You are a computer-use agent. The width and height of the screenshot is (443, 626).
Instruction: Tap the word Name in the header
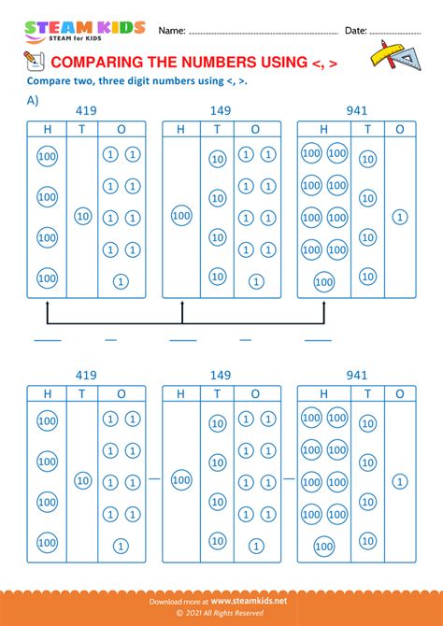171,31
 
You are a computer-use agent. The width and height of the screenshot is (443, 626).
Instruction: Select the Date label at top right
355,31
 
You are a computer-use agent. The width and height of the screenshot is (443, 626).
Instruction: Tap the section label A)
33,101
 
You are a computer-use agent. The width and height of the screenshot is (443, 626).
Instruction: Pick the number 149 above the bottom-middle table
221,376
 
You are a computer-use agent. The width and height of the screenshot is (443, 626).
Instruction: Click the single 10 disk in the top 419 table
82,217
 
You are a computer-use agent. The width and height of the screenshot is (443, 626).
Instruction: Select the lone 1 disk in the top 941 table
400,217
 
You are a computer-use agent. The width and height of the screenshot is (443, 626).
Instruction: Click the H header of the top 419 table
48,130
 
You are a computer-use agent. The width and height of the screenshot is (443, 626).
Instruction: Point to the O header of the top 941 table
400,130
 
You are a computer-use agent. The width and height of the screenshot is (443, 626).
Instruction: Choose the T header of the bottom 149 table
217,394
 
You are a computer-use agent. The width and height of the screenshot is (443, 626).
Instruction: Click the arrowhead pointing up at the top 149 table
183,303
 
